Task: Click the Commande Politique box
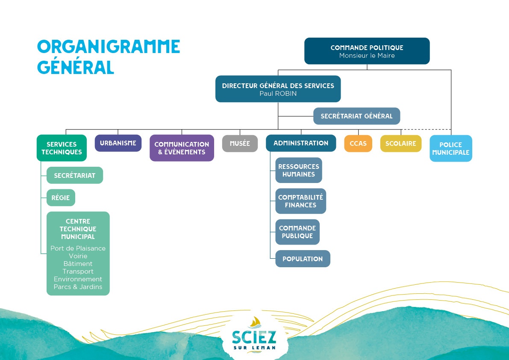(x=367, y=51)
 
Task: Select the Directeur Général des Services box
(x=278, y=89)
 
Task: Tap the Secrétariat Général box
(x=356, y=116)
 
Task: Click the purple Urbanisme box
(x=118, y=143)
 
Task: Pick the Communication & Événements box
(x=182, y=148)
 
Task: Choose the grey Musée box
(x=240, y=144)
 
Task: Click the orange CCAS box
(x=358, y=144)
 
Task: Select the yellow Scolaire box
(x=400, y=144)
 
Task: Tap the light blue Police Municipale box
(x=450, y=148)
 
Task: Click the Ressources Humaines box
(x=298, y=170)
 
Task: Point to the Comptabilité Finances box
(x=300, y=201)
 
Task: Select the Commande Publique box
(x=297, y=232)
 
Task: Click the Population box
(x=302, y=259)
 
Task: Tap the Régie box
(x=61, y=198)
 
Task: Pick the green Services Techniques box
(x=62, y=148)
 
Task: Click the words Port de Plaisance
(x=78, y=248)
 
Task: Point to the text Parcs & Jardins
(x=78, y=287)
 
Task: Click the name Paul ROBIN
(x=278, y=94)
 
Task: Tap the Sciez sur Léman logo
(x=254, y=336)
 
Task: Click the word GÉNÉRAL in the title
(x=76, y=67)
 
